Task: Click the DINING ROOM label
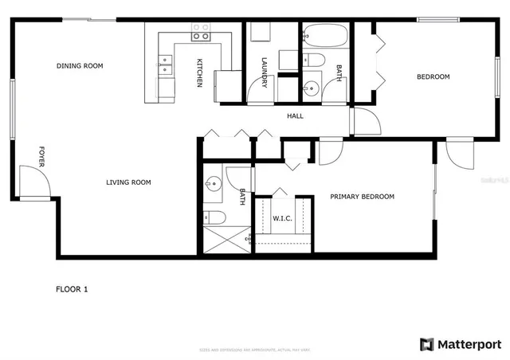tap(80, 66)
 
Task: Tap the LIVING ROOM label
tap(128, 182)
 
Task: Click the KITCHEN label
tap(200, 72)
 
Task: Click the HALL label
tap(295, 116)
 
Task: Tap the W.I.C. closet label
tap(283, 217)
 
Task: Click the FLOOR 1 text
tap(72, 289)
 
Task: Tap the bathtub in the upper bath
tap(326, 37)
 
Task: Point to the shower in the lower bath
tap(226, 238)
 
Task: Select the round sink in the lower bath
tap(212, 184)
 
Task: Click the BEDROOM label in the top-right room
tap(433, 77)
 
